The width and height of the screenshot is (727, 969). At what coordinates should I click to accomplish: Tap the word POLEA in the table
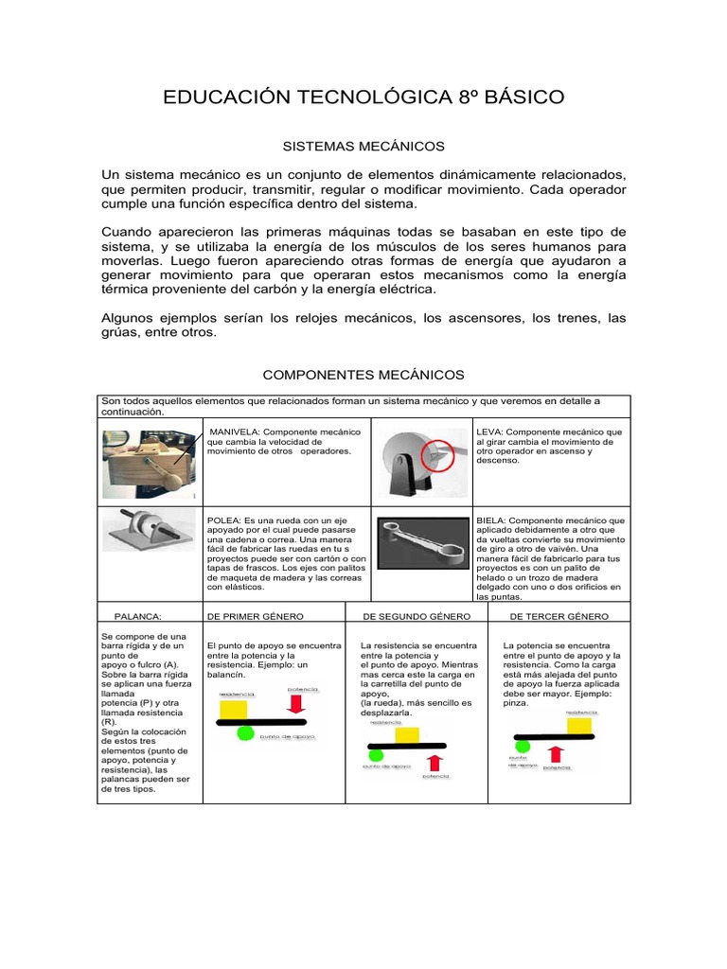coord(223,520)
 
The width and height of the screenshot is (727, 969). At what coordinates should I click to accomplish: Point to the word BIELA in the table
coord(490,520)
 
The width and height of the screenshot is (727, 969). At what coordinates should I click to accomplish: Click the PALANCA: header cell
coord(138,616)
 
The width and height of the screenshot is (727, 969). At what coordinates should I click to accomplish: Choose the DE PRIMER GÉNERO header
coord(255,616)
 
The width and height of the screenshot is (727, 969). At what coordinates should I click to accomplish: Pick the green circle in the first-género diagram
coord(245,732)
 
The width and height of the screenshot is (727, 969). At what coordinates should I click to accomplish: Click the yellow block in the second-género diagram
coord(407,734)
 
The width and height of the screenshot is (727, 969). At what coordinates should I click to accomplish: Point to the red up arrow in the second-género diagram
coord(436,762)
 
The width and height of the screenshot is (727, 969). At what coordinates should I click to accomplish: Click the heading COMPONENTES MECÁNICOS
coord(363,376)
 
